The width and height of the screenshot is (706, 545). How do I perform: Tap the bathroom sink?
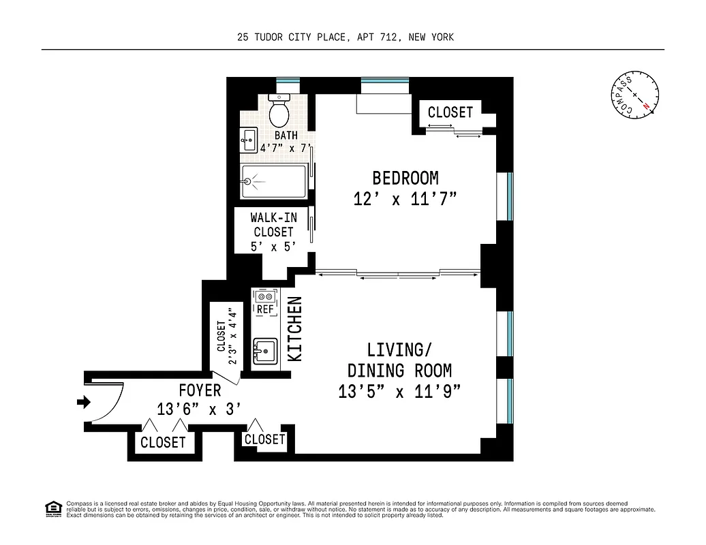click(248, 141)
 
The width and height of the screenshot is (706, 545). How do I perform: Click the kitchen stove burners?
click(264, 296)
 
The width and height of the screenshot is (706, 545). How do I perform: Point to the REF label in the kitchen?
click(264, 310)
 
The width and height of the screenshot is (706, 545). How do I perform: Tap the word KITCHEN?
click(295, 328)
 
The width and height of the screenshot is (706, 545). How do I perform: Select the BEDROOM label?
click(405, 178)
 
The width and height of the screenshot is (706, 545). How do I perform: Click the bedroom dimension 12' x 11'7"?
click(405, 199)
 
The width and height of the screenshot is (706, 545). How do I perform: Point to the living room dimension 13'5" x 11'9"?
click(399, 392)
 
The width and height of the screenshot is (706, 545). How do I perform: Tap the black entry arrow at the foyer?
click(84, 403)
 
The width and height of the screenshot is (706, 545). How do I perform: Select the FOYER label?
click(200, 390)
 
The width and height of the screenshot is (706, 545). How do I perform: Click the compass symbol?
click(634, 95)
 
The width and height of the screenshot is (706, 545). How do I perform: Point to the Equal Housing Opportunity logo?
click(52, 508)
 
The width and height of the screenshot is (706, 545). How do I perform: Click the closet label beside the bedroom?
click(450, 112)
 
